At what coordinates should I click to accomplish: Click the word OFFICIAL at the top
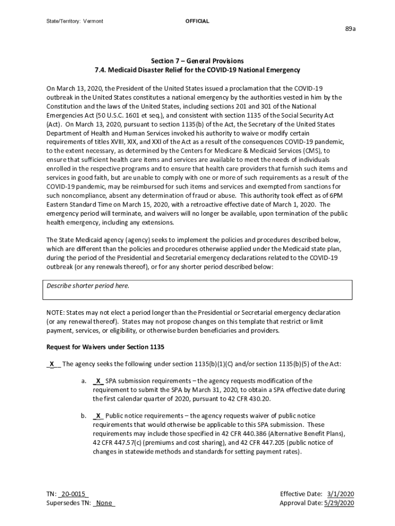[197, 21]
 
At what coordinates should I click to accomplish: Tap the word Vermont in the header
[94, 21]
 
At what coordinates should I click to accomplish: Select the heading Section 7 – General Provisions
[197, 61]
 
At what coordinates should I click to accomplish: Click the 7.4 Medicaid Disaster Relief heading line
[197, 69]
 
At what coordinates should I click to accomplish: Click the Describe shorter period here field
[197, 290]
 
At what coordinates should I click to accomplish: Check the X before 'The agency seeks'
[52, 364]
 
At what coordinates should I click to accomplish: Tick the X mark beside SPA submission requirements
[98, 381]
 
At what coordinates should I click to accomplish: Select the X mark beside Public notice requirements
[98, 416]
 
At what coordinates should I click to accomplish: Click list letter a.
[83, 381]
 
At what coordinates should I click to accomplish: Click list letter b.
[83, 416]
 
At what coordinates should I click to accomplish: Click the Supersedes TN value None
[104, 503]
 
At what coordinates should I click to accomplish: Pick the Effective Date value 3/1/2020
[340, 494]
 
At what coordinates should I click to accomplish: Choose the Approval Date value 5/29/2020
[339, 503]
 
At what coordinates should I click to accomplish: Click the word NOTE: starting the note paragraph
[56, 312]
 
